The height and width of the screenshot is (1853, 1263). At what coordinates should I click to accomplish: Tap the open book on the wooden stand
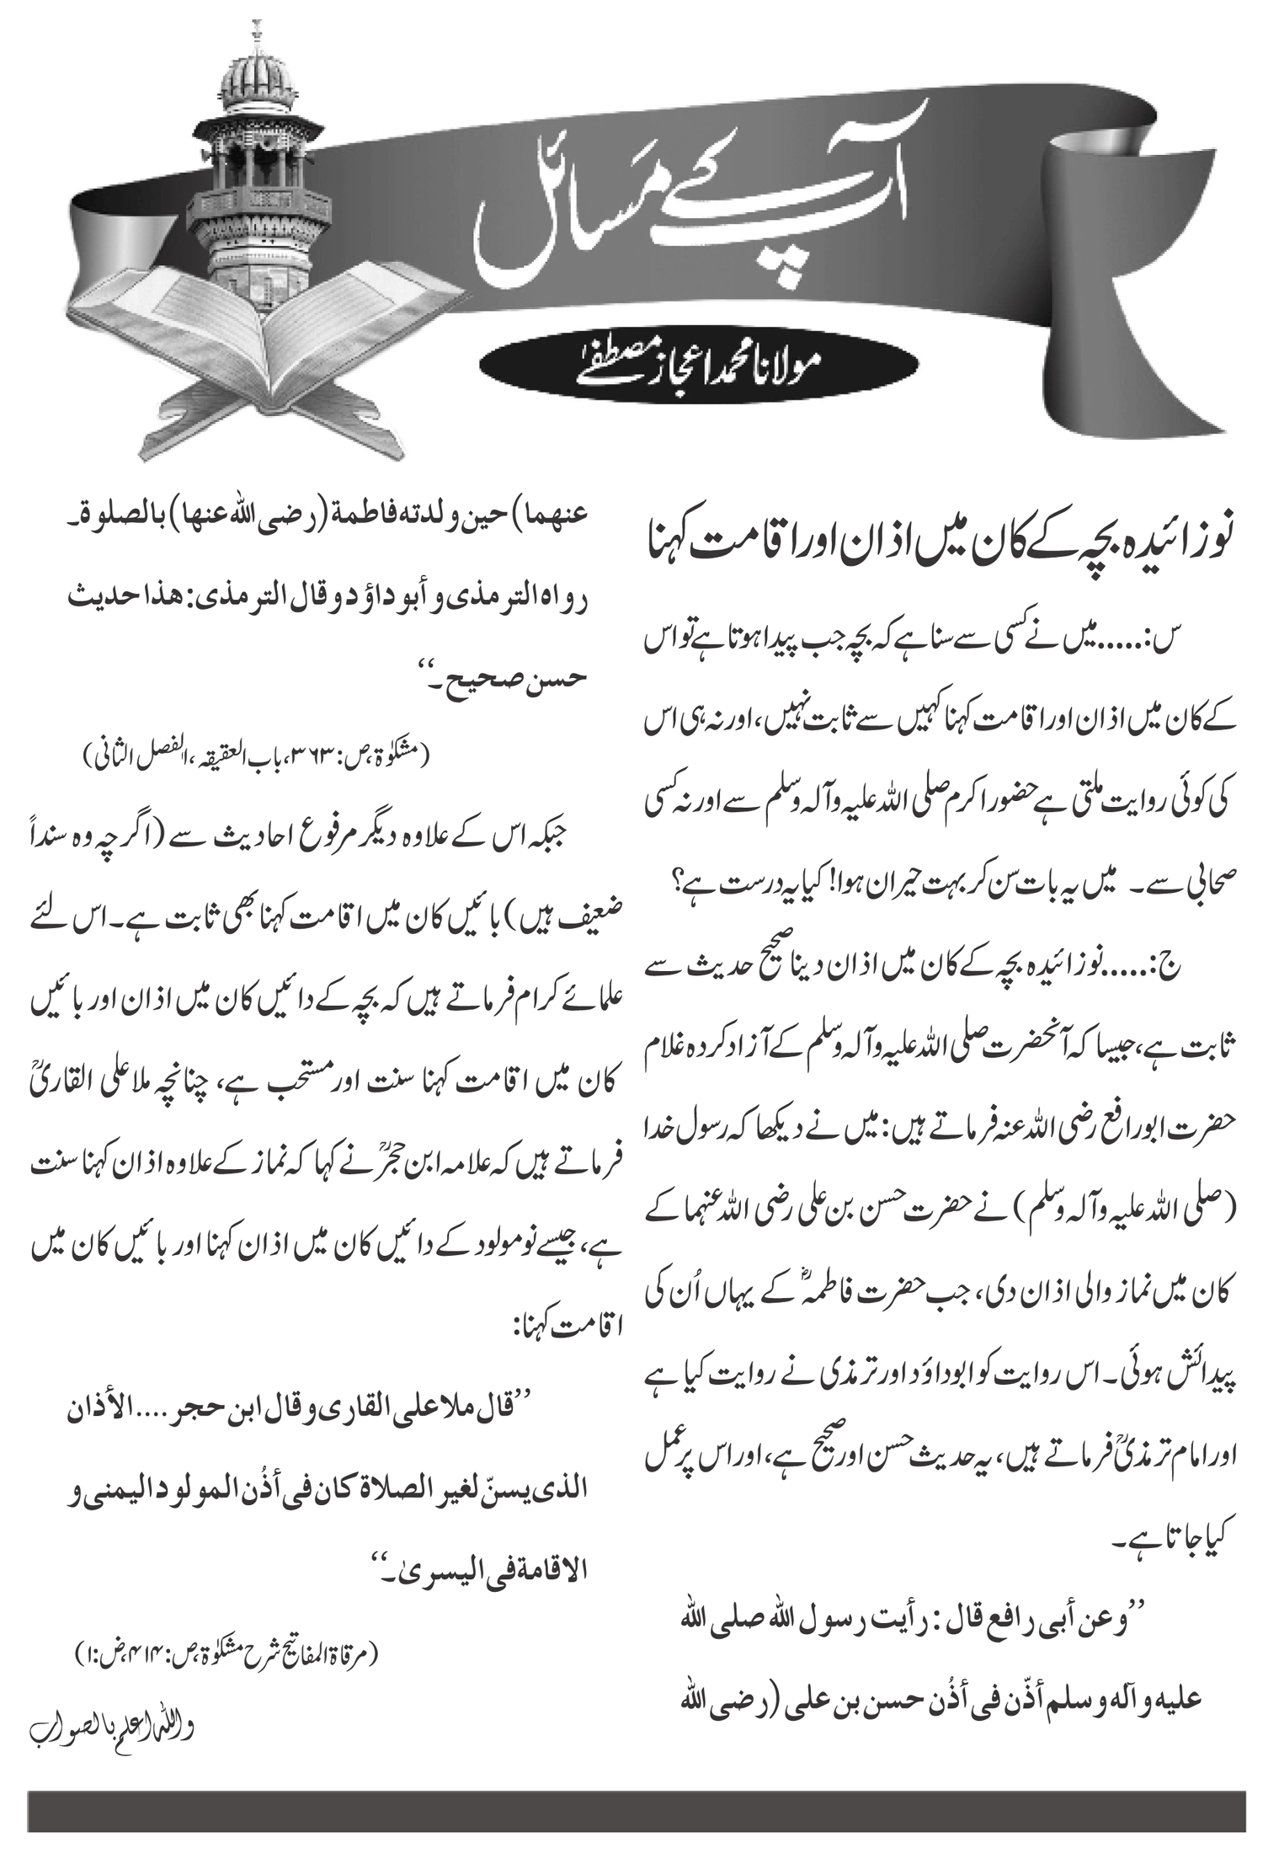tap(253, 337)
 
